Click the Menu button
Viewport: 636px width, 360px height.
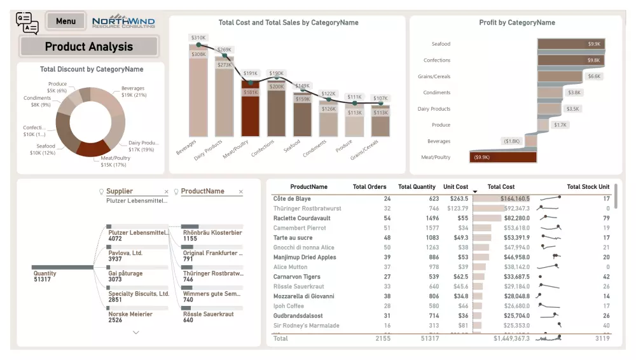coord(66,21)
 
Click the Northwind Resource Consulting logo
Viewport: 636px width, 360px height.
coord(123,22)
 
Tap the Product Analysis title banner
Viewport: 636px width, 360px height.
coord(89,46)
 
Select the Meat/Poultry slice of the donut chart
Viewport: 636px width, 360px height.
coord(92,148)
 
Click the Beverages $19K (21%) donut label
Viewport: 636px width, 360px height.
coord(132,92)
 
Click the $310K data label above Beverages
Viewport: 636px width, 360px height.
coord(198,38)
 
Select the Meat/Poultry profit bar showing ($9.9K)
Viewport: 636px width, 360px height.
coord(503,157)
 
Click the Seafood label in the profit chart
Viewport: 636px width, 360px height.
coord(441,44)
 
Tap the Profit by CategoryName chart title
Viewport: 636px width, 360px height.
coord(516,23)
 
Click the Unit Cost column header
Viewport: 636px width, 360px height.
coord(455,187)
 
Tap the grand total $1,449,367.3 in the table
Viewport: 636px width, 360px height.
coord(511,338)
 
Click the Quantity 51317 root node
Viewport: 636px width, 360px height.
coord(45,277)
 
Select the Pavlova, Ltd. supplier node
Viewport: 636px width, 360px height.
coord(125,256)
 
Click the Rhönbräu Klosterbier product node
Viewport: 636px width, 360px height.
coord(212,235)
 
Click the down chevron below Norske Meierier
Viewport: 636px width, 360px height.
coord(136,332)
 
